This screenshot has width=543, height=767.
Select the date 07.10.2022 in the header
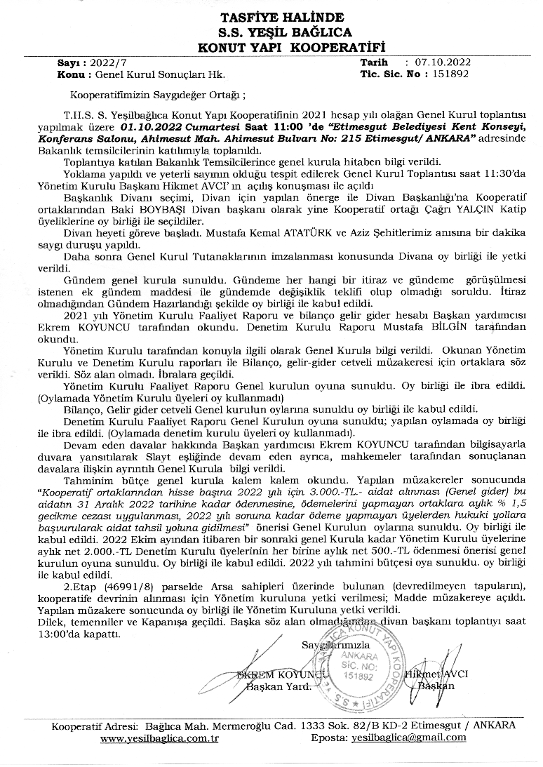443,62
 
